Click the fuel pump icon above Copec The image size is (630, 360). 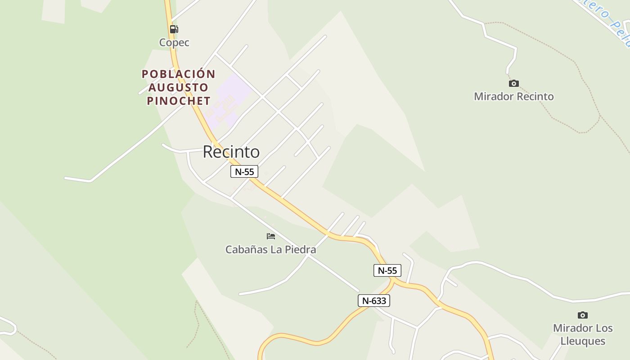click(174, 29)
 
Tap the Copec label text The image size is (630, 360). click(174, 43)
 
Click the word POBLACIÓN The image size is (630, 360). click(179, 74)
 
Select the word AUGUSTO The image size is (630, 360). click(179, 87)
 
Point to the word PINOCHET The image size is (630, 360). click(179, 101)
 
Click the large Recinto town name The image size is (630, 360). click(231, 152)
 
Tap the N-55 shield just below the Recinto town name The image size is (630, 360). click(244, 171)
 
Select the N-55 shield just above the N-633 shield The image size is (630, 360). click(387, 270)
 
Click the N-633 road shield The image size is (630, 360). click(373, 301)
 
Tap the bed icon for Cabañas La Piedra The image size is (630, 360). click(270, 236)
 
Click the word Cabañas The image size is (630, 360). click(246, 249)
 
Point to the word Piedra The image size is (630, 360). click(300, 249)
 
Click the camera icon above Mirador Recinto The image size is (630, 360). click(513, 83)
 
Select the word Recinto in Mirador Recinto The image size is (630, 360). click(535, 96)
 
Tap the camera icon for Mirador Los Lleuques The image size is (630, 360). click(582, 315)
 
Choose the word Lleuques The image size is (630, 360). click(583, 341)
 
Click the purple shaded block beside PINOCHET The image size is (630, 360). click(229, 97)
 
